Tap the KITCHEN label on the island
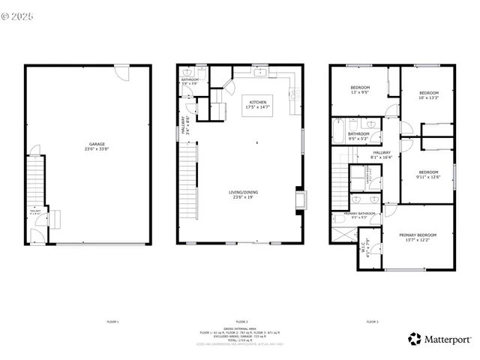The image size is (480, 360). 257,104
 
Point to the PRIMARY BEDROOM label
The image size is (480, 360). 418,237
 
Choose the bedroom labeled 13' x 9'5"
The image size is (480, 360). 360,91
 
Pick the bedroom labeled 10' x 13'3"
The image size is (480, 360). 428,94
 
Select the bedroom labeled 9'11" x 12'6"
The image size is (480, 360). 427,174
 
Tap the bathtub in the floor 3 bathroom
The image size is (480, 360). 339,132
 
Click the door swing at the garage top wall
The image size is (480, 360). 121,73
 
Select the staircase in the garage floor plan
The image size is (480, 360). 33,180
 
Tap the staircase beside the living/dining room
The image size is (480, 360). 189,180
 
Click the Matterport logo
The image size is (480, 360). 439,338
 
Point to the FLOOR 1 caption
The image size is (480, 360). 112,321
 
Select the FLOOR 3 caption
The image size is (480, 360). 372,321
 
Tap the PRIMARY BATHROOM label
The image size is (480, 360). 360,214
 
